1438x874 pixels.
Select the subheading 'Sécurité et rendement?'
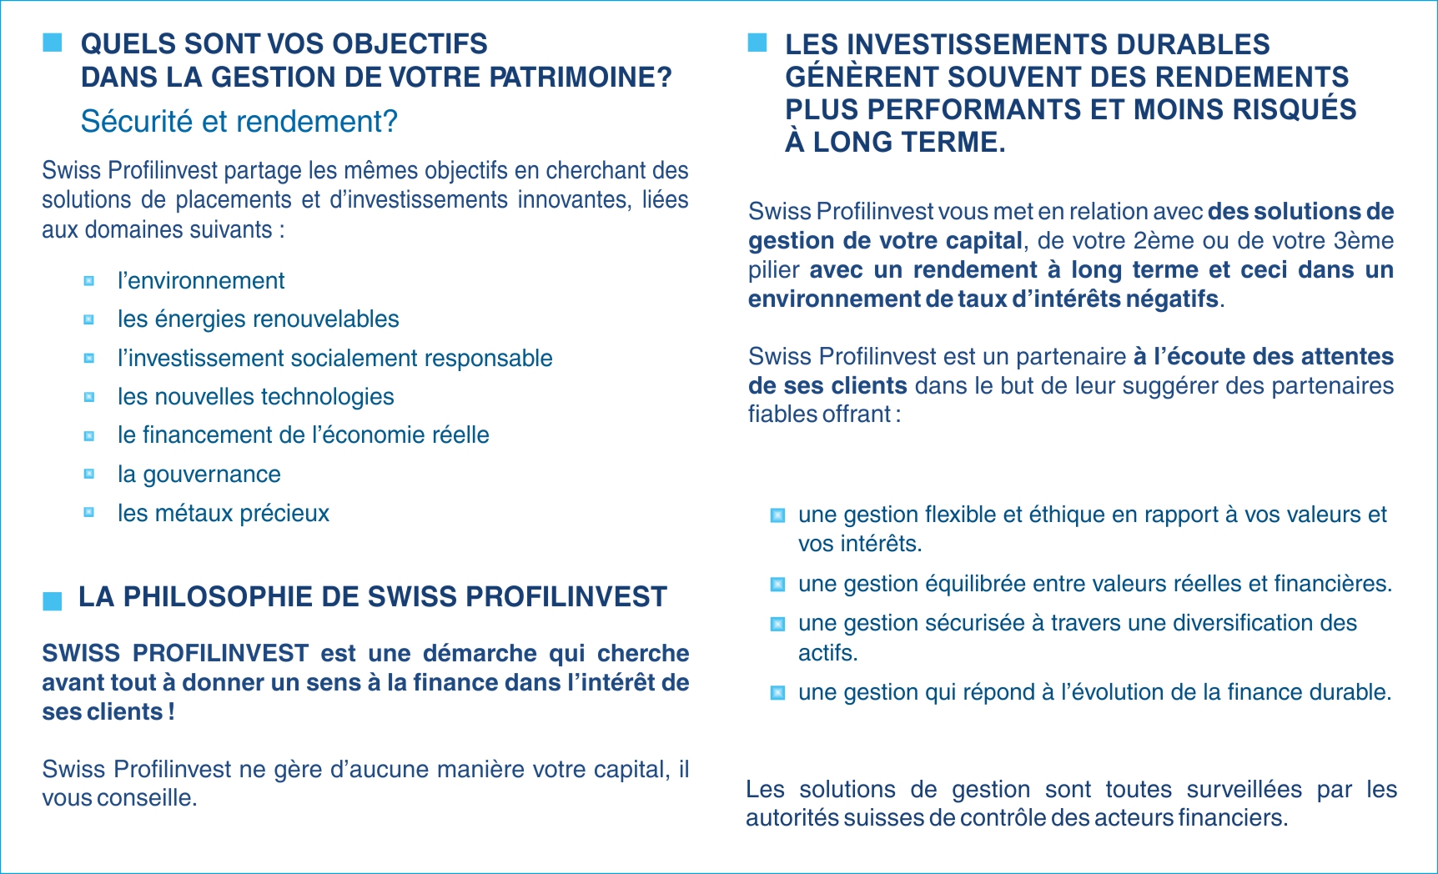pos(239,122)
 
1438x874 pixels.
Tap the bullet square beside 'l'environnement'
pos(89,281)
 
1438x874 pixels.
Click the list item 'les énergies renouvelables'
pos(258,319)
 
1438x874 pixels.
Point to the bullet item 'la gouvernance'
pos(199,475)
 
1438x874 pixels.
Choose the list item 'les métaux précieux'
pos(223,513)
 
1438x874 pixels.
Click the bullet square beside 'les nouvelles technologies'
pos(89,397)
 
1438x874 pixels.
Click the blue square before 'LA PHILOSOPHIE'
pos(53,600)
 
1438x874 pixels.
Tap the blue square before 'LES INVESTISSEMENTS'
pos(757,43)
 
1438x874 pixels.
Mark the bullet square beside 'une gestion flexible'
pos(777,515)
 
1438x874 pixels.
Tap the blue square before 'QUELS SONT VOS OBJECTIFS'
pos(53,43)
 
